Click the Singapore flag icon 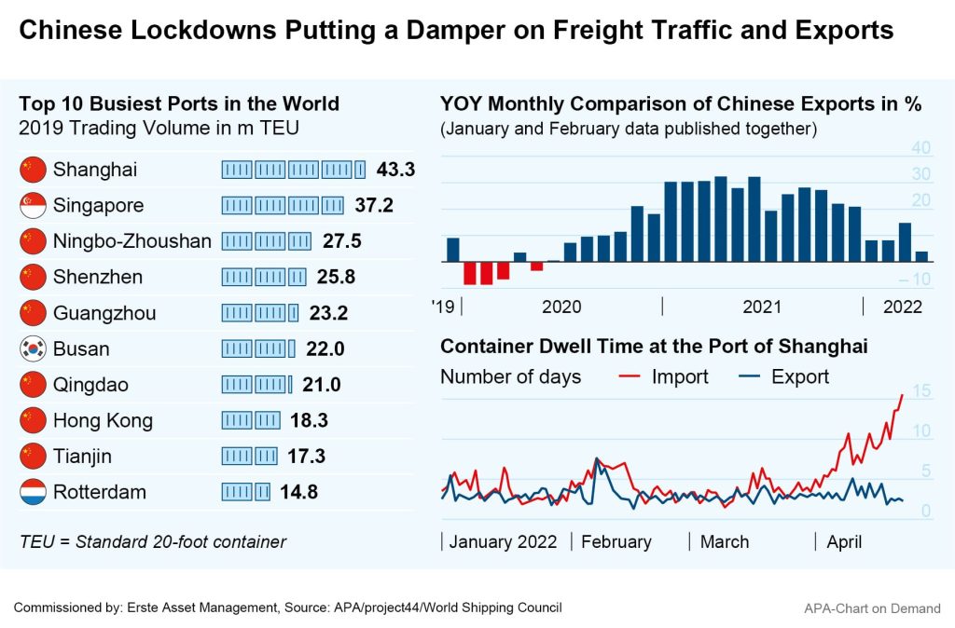click(33, 205)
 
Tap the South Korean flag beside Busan click(33, 349)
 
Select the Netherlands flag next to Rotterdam click(33, 493)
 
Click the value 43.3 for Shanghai click(395, 170)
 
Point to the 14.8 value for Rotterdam click(299, 493)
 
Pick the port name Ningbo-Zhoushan click(132, 241)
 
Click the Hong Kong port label click(103, 421)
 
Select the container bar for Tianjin click(249, 457)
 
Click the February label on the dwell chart click(616, 542)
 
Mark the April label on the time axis click(844, 542)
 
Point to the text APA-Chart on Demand click(872, 608)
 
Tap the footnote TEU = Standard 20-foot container click(152, 542)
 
